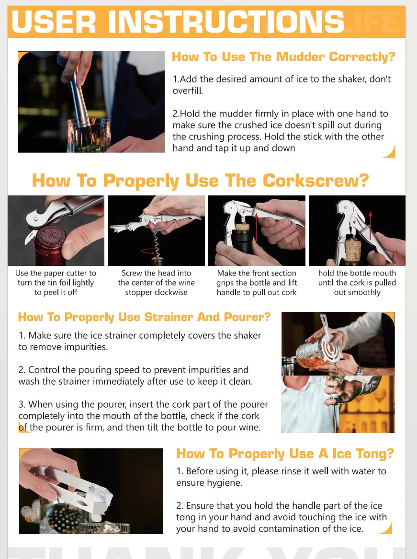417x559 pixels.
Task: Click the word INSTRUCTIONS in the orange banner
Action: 225,22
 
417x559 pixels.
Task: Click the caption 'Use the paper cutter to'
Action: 56,273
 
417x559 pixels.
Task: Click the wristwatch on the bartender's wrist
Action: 359,372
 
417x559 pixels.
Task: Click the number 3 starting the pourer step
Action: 21,404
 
